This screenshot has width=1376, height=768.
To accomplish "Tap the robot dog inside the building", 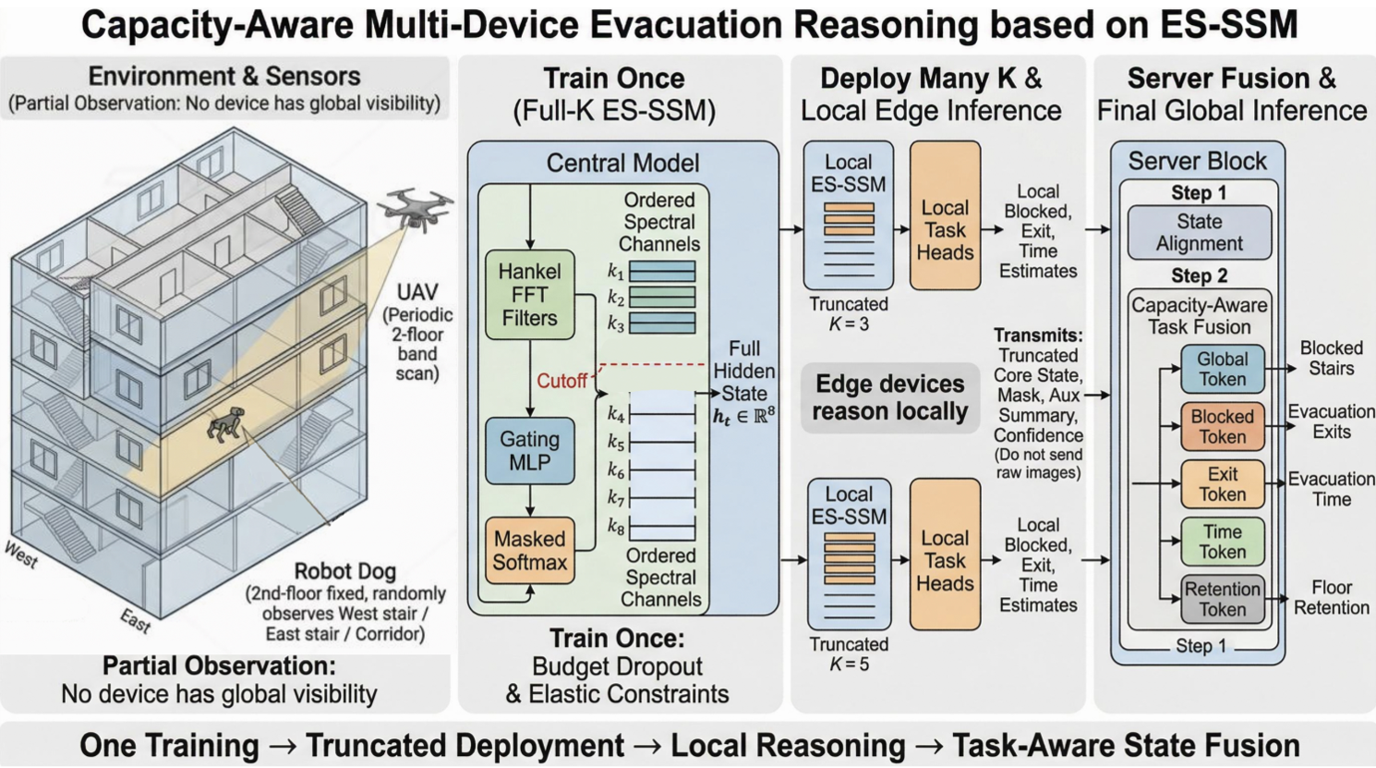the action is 226,423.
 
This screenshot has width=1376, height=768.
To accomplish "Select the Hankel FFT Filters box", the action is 529,295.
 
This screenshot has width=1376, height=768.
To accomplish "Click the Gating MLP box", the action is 529,451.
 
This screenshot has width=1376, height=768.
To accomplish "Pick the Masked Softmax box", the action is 529,550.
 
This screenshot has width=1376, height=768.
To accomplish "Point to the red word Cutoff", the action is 561,382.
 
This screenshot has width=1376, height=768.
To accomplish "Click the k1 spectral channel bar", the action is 662,271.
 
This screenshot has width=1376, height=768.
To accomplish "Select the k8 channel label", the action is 616,526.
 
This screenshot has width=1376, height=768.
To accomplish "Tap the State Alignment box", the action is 1199,232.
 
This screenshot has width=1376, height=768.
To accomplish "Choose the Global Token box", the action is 1223,369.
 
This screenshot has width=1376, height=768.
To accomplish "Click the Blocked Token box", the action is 1223,427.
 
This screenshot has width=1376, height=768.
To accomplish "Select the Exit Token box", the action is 1223,484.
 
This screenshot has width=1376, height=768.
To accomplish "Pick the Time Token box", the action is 1223,542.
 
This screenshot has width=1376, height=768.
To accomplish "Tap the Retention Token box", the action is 1223,600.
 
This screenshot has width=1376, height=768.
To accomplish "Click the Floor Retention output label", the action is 1331,597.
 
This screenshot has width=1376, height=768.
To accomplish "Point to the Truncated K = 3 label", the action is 849,313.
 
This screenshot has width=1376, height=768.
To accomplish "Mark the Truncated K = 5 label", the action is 849,653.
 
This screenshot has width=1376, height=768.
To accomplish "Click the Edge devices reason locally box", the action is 890,397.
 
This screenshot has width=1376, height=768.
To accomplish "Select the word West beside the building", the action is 21,555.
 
